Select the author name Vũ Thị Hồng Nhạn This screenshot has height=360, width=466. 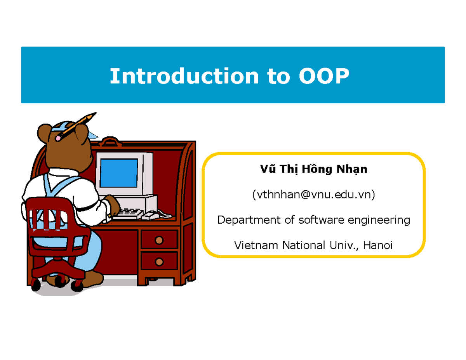click(313, 170)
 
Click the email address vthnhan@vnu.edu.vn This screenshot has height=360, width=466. click(313, 195)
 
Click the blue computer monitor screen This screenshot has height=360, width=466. click(119, 172)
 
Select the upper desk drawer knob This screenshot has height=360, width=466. click(158, 240)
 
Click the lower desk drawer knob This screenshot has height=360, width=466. click(158, 261)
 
